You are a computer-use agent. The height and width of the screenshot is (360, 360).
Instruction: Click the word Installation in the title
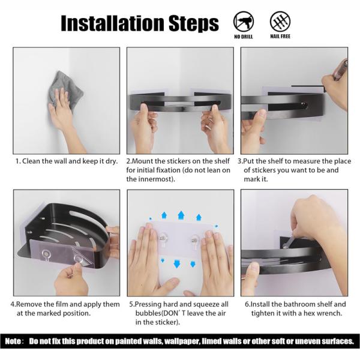113,23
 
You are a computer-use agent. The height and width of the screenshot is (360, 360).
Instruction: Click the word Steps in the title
194,23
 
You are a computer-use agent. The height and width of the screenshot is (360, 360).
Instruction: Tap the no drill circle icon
244,22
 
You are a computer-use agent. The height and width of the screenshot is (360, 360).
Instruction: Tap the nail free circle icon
280,22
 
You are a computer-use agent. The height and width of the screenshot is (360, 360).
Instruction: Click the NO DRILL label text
244,37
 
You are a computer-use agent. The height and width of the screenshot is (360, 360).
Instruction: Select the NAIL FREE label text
280,37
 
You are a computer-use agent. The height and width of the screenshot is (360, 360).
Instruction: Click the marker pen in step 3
340,70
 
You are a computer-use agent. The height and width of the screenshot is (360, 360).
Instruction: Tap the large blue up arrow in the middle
181,215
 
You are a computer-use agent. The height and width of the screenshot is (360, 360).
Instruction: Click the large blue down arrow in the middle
176,263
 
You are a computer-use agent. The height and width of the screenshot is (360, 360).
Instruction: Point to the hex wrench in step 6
289,243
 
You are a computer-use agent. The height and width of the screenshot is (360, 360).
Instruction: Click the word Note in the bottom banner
13,341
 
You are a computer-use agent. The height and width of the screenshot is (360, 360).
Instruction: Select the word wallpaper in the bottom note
182,341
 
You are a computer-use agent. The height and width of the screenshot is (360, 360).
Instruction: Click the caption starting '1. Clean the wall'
67,161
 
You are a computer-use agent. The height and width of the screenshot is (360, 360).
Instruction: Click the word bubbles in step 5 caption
149,313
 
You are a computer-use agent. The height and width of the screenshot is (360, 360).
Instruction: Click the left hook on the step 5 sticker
163,239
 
